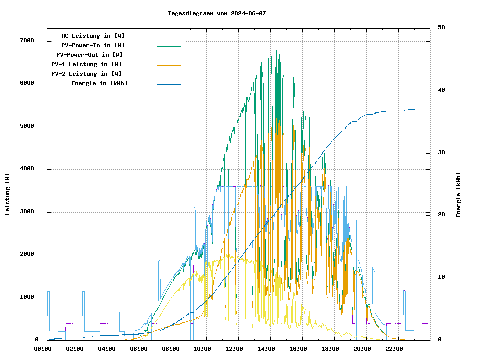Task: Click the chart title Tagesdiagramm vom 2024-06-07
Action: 217,13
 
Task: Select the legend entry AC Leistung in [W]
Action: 93,36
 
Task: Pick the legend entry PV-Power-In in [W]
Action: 96,45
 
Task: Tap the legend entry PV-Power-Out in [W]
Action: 90,55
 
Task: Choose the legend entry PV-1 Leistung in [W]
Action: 86,64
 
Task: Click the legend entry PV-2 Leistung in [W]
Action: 86,74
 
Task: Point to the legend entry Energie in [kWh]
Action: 99,83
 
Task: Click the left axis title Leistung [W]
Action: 8,194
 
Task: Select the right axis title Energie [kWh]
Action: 459,195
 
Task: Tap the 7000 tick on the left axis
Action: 27,41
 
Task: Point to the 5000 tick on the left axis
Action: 27,126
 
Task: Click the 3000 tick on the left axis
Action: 27,212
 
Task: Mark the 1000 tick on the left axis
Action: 27,298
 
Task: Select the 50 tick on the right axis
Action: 441,28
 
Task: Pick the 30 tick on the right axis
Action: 441,153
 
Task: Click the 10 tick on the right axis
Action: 441,277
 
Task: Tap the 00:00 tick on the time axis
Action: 43,349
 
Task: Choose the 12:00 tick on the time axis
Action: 235,349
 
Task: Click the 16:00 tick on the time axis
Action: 298,349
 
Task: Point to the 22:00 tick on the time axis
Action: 394,349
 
